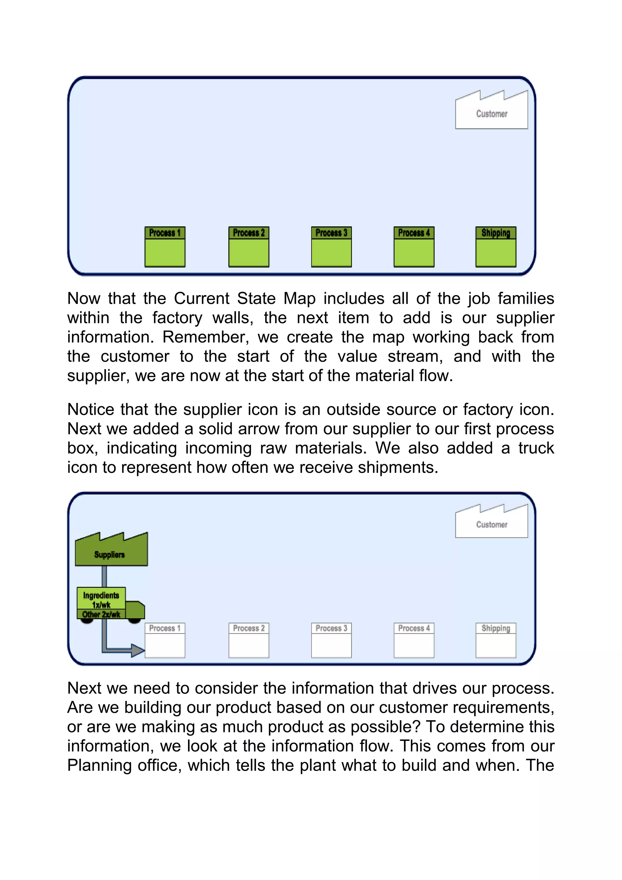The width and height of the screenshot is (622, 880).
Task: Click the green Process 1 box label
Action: coord(165,233)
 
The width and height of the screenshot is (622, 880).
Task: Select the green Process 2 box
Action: coord(249,247)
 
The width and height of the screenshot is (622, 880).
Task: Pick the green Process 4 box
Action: coord(414,247)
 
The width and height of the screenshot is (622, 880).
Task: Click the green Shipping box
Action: coord(496,247)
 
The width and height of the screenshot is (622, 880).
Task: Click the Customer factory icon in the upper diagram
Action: coord(491,111)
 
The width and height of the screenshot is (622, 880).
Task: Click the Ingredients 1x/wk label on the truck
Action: coord(101,599)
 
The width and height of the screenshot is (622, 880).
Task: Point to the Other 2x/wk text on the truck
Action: coord(101,614)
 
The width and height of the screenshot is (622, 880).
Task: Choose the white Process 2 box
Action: coord(249,640)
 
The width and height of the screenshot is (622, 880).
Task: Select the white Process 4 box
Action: coord(414,640)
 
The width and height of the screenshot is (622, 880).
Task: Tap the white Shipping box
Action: coord(496,640)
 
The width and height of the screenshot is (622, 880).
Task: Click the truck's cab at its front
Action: coord(135,610)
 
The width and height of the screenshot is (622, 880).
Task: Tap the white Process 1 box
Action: coord(165,640)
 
